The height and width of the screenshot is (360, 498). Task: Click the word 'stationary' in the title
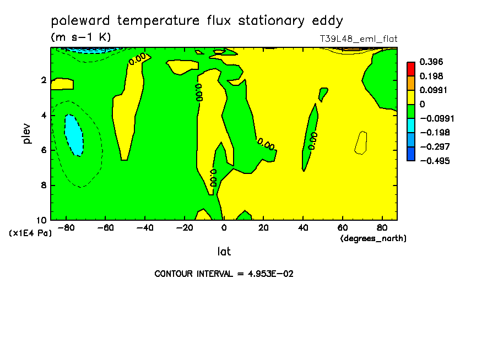pyautogui.click(x=271, y=21)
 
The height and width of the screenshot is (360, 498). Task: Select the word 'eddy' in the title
pyautogui.click(x=327, y=21)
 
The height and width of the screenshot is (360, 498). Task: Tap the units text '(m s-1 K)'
pyautogui.click(x=80, y=37)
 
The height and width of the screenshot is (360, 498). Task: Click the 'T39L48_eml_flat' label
pyautogui.click(x=359, y=39)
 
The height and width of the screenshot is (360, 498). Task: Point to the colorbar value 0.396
pyautogui.click(x=431, y=62)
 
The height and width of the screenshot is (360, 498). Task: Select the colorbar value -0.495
pyautogui.click(x=435, y=161)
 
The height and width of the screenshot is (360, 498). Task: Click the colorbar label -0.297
pyautogui.click(x=435, y=146)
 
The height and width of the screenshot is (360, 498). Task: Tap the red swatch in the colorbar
pyautogui.click(x=411, y=69)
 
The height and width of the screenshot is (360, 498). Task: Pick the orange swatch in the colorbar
pyautogui.click(x=411, y=83)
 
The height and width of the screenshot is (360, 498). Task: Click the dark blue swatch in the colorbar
pyautogui.click(x=411, y=154)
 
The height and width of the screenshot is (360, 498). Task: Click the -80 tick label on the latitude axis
pyautogui.click(x=66, y=228)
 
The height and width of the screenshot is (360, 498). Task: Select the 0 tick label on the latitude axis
pyautogui.click(x=224, y=228)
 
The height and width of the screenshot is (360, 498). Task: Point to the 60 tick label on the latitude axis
pyautogui.click(x=343, y=228)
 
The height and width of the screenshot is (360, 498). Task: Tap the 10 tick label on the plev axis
pyautogui.click(x=42, y=220)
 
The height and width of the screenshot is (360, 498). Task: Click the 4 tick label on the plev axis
pyautogui.click(x=44, y=115)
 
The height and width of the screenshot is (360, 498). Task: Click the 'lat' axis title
pyautogui.click(x=224, y=252)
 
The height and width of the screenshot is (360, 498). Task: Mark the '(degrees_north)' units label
pyautogui.click(x=373, y=238)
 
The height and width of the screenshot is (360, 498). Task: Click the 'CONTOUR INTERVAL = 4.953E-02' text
pyautogui.click(x=224, y=274)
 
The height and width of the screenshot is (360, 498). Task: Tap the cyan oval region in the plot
pyautogui.click(x=74, y=135)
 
